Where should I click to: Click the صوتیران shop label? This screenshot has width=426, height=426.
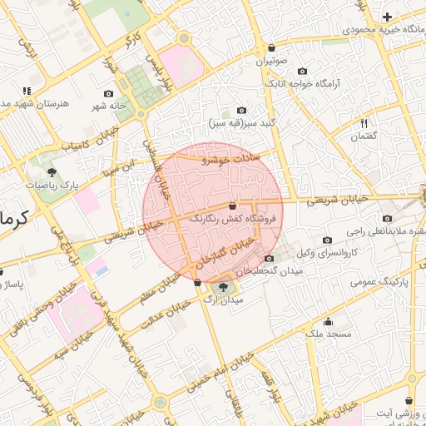pos(271,61)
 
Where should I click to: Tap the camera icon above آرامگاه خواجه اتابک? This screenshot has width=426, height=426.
pos(302,72)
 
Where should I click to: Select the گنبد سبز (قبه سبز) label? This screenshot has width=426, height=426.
pos(241,123)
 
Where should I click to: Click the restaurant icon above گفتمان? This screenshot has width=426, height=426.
pos(364,123)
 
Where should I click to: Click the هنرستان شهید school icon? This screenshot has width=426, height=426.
pos(27,90)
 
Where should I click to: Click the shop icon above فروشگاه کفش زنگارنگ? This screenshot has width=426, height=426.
pos(232,206)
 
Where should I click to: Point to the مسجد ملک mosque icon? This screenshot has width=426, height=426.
pos(329,322)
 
